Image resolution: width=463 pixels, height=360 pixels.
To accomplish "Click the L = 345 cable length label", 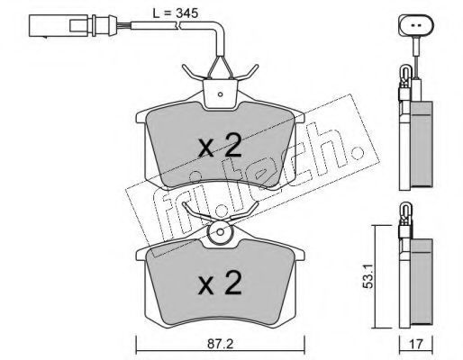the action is click(x=176, y=13).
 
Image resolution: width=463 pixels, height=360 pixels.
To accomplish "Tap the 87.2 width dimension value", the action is click(x=221, y=344).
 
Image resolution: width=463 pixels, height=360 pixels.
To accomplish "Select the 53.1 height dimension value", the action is click(x=368, y=276).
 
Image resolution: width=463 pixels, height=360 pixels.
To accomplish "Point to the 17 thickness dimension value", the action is click(x=415, y=344).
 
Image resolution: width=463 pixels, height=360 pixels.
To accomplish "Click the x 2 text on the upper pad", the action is click(x=220, y=146).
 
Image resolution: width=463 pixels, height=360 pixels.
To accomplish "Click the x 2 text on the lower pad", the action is click(x=220, y=283).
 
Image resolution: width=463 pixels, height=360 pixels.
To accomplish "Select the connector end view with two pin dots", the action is click(x=416, y=25).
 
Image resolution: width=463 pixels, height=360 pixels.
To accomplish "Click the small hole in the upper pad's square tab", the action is click(x=220, y=94).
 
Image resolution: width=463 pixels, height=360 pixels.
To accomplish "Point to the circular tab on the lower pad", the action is click(x=220, y=232).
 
